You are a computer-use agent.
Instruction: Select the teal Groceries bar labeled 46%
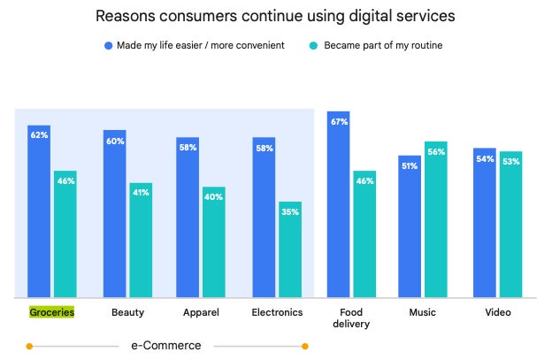[65, 234]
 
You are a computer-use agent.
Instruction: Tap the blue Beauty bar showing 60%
[115, 213]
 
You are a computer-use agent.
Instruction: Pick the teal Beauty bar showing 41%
[141, 240]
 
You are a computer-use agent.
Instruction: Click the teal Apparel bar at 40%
[213, 241]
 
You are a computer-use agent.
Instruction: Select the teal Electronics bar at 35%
[289, 249]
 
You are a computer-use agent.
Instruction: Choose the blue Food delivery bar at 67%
[339, 204]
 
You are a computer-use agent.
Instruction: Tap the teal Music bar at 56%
[435, 219]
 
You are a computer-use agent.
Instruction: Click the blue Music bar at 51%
[410, 226]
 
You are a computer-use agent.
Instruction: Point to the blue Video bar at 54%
[485, 222]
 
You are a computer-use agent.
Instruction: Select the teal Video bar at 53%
[510, 224]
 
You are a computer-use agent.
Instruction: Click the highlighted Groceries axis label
[51, 312]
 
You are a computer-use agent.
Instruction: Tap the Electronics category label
[277, 312]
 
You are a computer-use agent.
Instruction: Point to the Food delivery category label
[351, 318]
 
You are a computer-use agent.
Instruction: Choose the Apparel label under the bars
[201, 312]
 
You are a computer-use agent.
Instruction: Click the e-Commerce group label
[166, 345]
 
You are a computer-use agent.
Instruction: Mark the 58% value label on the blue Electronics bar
[264, 148]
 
